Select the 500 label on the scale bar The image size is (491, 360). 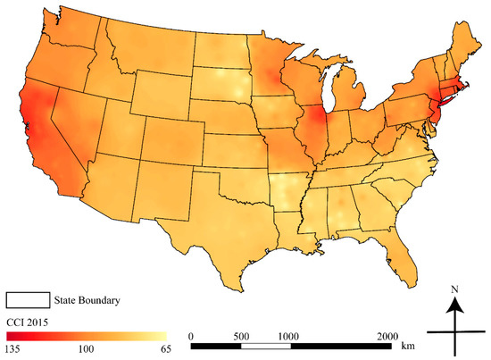click(x=240, y=335)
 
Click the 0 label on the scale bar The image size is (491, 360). click(x=192, y=335)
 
